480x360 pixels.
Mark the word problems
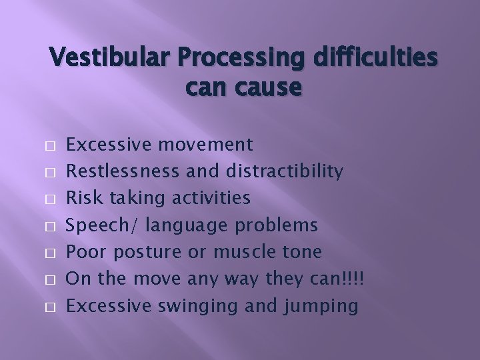[273, 226]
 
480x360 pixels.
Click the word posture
[151, 253]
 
